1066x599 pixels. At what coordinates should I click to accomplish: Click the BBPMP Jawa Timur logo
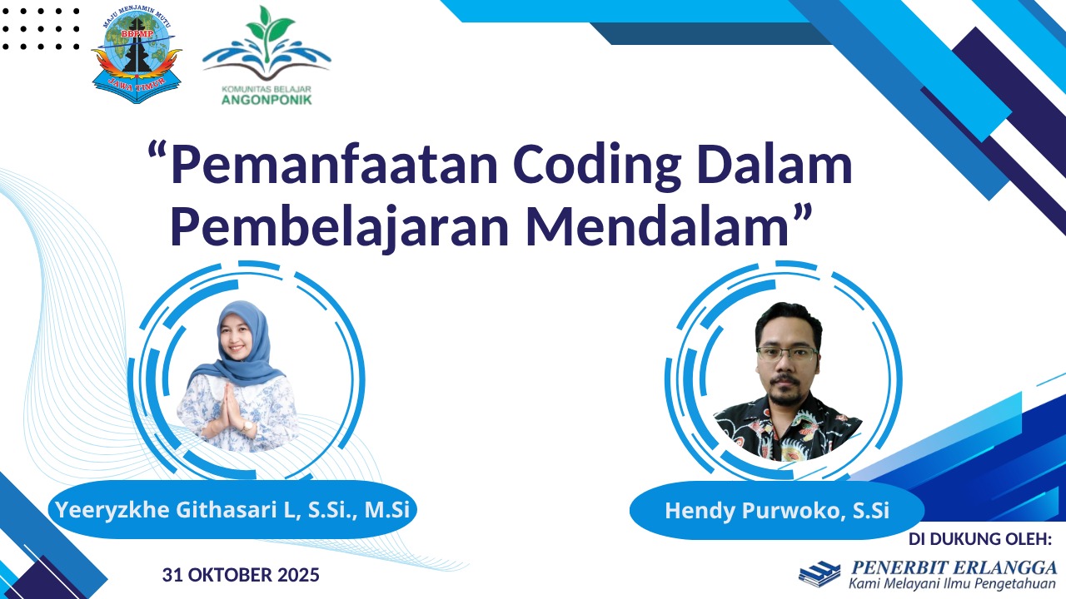coord(137,55)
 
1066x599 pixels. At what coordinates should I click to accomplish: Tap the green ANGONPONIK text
coord(266,99)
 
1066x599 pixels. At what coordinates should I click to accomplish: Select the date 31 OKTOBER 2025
coord(241,575)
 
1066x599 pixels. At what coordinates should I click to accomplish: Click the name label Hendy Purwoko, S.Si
coord(777,510)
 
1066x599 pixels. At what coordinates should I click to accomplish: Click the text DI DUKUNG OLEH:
coord(980,538)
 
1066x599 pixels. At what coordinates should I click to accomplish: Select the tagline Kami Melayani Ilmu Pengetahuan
coord(952,583)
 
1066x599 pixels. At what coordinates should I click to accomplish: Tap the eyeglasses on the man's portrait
coord(787,354)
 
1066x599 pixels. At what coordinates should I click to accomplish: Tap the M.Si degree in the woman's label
coord(387,509)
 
